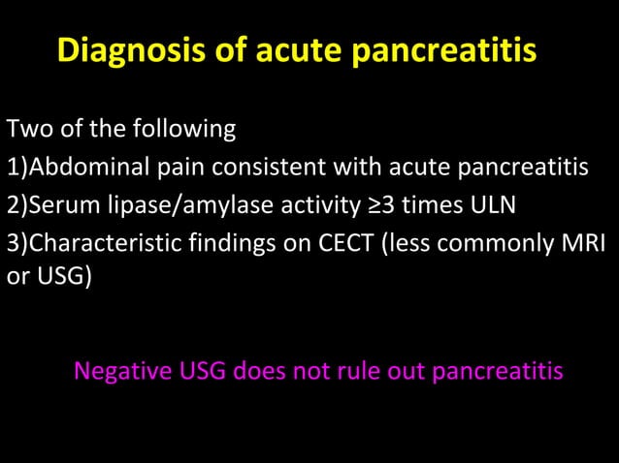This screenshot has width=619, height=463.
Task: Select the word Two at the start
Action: click(x=26, y=129)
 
